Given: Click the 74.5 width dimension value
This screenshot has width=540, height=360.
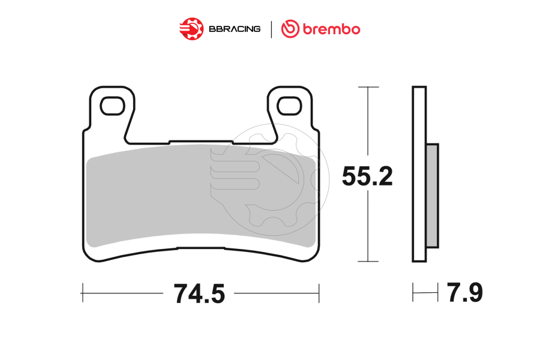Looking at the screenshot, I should [x=199, y=294].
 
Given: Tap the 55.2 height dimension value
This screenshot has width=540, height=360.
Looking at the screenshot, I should [x=367, y=176].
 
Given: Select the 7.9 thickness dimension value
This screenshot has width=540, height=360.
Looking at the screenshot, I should [x=464, y=293].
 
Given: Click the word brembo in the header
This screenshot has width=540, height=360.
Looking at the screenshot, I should [x=331, y=28].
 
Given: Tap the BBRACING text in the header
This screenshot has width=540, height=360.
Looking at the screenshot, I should [x=234, y=29].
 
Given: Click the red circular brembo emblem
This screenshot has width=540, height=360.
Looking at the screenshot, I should [x=291, y=28].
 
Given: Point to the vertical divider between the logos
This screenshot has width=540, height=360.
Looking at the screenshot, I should [x=271, y=29].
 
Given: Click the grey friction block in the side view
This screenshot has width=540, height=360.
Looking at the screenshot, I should [x=432, y=196].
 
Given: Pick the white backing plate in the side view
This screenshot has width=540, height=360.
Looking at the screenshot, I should [x=419, y=174].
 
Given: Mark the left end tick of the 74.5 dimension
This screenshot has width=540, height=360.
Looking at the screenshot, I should [x=82, y=293].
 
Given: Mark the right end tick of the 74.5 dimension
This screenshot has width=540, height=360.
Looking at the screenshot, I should [x=319, y=293].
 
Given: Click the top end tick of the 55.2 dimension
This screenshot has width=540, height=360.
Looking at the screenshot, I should [x=368, y=88].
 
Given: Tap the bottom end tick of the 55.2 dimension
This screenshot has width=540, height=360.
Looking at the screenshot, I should [x=368, y=262].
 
